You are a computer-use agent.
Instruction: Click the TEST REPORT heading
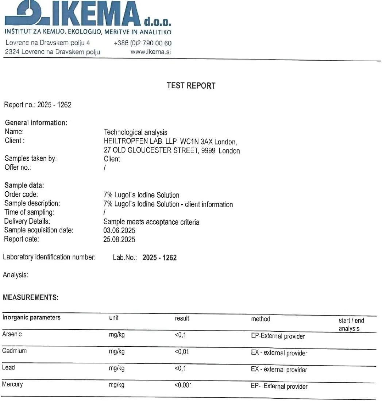point(191,86)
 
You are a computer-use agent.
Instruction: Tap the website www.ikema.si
point(151,52)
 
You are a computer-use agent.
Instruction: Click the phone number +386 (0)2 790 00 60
point(143,43)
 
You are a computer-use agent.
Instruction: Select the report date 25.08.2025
point(119,240)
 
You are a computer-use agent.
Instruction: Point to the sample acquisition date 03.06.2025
point(119,231)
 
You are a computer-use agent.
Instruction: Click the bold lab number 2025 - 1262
point(159,258)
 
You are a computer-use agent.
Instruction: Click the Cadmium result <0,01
point(182,352)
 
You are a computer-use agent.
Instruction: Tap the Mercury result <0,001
point(183,385)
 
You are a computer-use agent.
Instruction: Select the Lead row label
point(8,368)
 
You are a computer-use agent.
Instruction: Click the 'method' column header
point(261,319)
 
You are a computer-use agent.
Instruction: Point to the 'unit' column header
point(113,318)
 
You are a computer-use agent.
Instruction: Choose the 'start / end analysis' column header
point(351,324)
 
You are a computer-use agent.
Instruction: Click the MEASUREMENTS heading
point(31,298)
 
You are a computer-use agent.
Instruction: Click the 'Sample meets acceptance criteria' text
point(151,222)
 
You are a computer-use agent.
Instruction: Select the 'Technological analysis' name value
point(136,132)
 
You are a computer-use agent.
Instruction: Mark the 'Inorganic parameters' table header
point(31,317)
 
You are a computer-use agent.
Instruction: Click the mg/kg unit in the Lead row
point(116,369)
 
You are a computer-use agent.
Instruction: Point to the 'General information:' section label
point(36,123)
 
